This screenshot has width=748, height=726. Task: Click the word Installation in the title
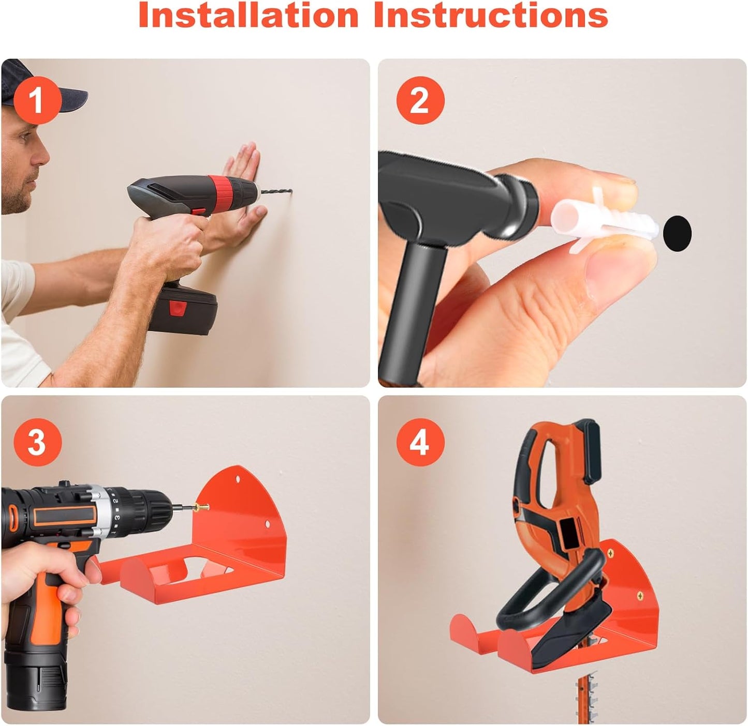pyautogui.click(x=248, y=14)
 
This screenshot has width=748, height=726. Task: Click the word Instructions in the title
pyautogui.click(x=491, y=14)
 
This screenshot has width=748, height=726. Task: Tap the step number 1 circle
pyautogui.click(x=37, y=100)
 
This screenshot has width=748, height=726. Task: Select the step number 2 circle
pyautogui.click(x=420, y=100)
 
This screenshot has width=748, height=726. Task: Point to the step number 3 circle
pyautogui.click(x=37, y=442)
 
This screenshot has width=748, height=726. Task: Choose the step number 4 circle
pyautogui.click(x=420, y=442)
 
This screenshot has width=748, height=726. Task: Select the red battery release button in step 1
pyautogui.click(x=178, y=308)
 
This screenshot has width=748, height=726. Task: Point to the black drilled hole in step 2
pyautogui.click(x=677, y=233)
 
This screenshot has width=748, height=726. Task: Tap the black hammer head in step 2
pyautogui.click(x=453, y=200)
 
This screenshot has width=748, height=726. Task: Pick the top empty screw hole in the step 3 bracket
pyautogui.click(x=238, y=479)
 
